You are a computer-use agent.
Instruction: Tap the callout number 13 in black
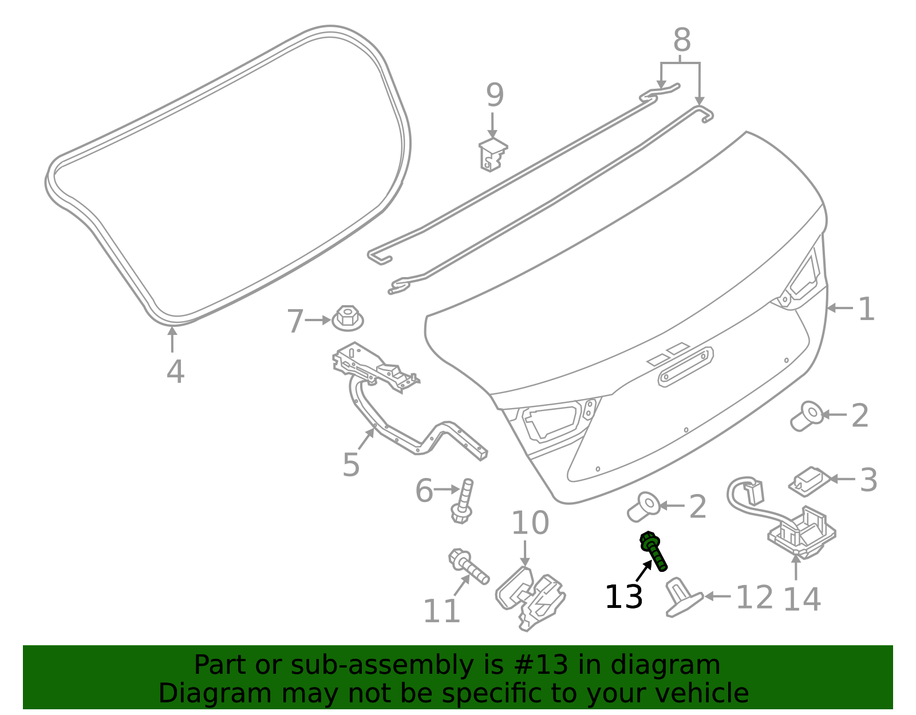623,597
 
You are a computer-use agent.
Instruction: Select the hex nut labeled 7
348,318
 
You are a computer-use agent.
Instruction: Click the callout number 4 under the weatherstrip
175,372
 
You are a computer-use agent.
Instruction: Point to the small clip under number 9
492,155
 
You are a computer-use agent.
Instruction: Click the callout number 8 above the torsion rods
682,40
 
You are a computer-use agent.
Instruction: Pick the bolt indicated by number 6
463,501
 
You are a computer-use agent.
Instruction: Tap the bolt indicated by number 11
468,566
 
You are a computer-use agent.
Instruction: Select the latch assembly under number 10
530,598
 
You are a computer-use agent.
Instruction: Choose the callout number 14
801,599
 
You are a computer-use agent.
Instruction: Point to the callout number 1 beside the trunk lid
867,309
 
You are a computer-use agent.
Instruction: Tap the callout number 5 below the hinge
351,465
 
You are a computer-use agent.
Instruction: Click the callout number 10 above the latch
530,523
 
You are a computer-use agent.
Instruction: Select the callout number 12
755,597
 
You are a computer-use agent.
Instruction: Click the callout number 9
495,95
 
